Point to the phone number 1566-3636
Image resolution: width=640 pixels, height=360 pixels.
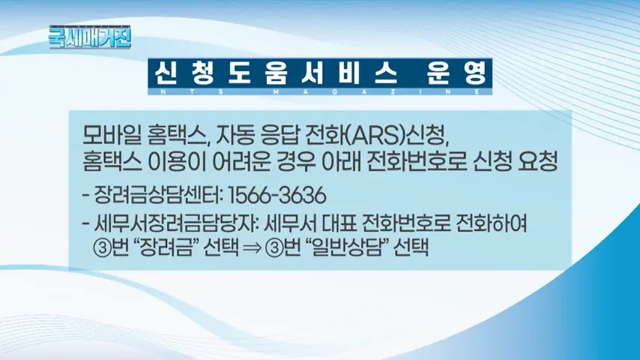[x=280, y=197]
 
